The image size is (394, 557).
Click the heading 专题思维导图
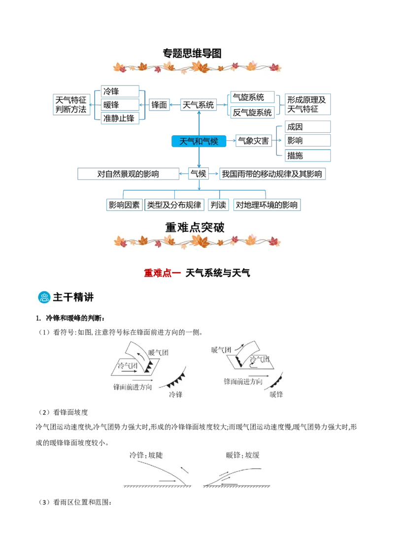tap(192, 53)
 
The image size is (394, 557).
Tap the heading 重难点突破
tap(195, 227)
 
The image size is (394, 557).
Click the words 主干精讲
tap(73, 297)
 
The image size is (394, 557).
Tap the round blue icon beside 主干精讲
tap(45, 297)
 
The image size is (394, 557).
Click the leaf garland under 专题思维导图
tap(197, 67)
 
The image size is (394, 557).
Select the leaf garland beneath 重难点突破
tap(197, 241)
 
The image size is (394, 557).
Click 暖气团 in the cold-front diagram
tap(158, 352)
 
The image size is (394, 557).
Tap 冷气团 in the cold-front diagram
tap(128, 366)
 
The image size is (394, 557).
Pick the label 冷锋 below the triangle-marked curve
tap(175, 394)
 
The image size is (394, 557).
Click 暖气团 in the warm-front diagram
tap(221, 350)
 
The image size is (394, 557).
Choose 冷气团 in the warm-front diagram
tap(260, 360)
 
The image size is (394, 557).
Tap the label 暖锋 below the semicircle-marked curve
tap(276, 394)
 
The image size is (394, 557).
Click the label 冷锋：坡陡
tap(146, 455)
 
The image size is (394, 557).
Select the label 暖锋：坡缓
tap(243, 455)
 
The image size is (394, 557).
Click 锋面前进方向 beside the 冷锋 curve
tap(132, 387)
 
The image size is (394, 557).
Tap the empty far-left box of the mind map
tap(71, 104)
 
